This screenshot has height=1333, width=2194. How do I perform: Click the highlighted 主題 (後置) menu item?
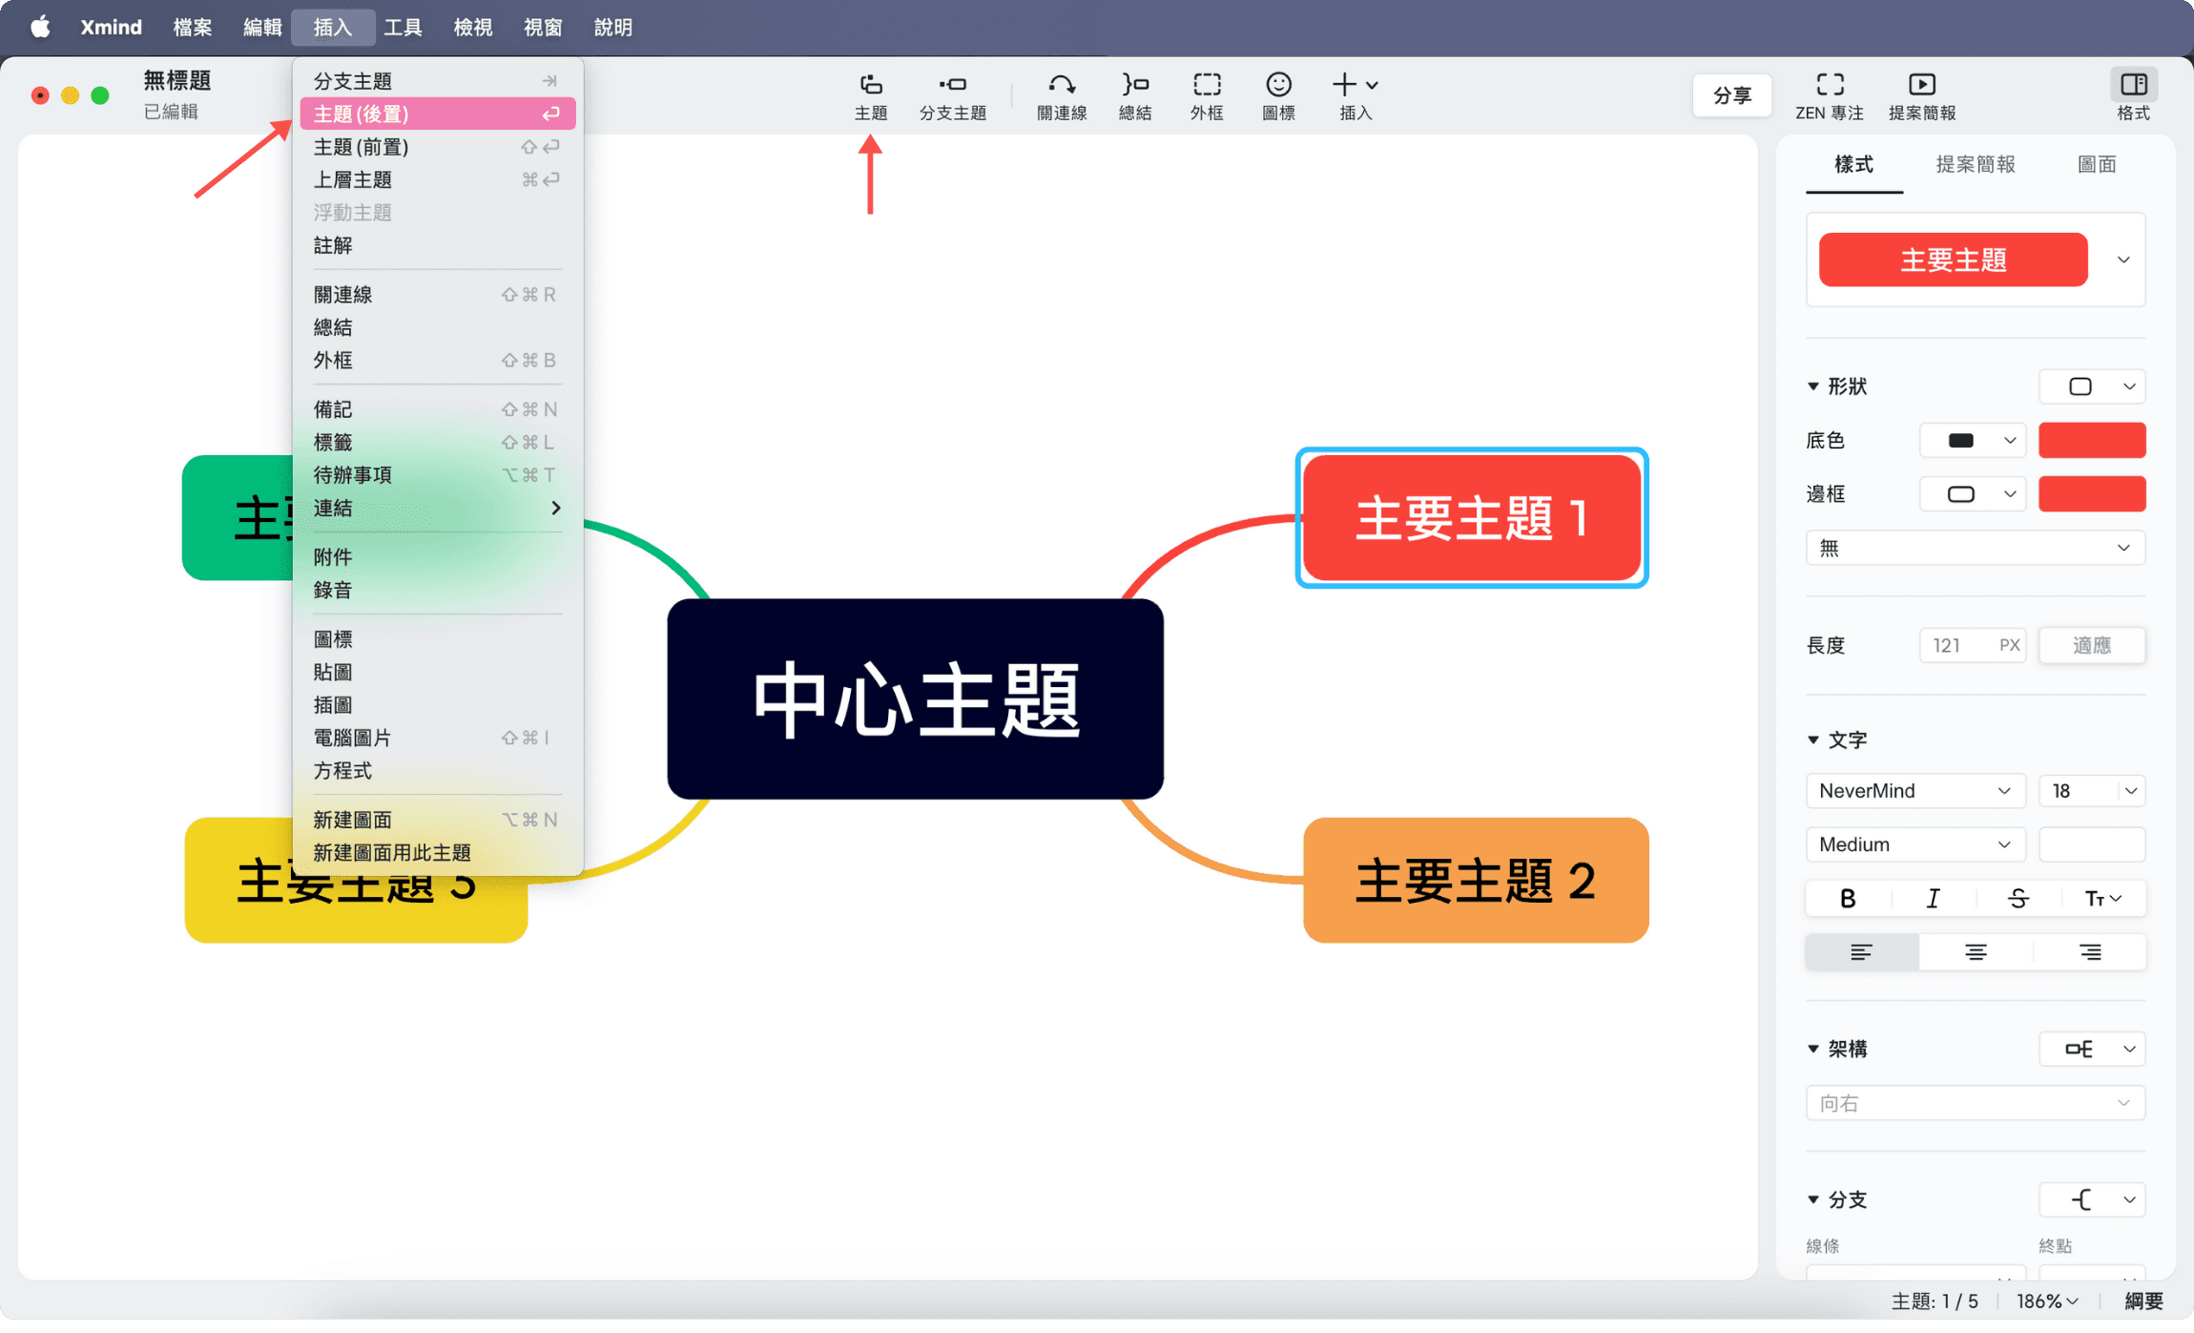[x=436, y=114]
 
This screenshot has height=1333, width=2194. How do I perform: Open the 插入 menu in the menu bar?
[x=332, y=27]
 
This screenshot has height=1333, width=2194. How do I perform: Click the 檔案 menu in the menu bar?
[x=192, y=27]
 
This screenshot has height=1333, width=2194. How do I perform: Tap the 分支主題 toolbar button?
[x=952, y=96]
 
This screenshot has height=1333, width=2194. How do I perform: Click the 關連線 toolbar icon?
[x=1061, y=96]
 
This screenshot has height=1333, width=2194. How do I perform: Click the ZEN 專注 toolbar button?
[x=1829, y=96]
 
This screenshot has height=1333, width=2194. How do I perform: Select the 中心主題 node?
[x=915, y=699]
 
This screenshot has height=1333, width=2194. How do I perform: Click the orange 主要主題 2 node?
[x=1475, y=880]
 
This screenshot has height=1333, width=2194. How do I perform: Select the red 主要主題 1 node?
[x=1471, y=517]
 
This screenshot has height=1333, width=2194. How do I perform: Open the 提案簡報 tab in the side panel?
[x=1975, y=164]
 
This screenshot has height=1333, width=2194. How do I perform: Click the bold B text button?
[x=1848, y=898]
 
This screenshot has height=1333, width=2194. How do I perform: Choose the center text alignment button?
[x=1975, y=952]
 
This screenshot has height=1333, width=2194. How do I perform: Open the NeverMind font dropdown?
[x=1915, y=791]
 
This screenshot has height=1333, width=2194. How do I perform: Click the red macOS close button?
[x=40, y=95]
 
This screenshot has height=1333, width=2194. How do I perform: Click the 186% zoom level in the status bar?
[x=2045, y=1301]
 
